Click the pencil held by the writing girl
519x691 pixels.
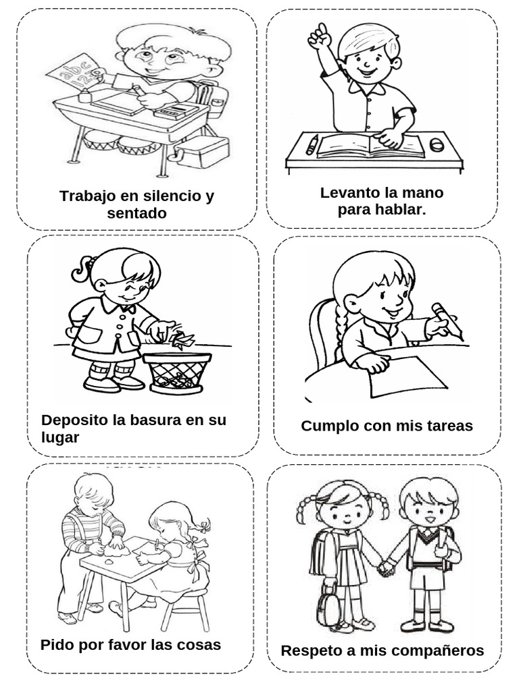447,321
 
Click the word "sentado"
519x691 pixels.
137,214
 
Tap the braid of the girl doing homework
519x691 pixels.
329,331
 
